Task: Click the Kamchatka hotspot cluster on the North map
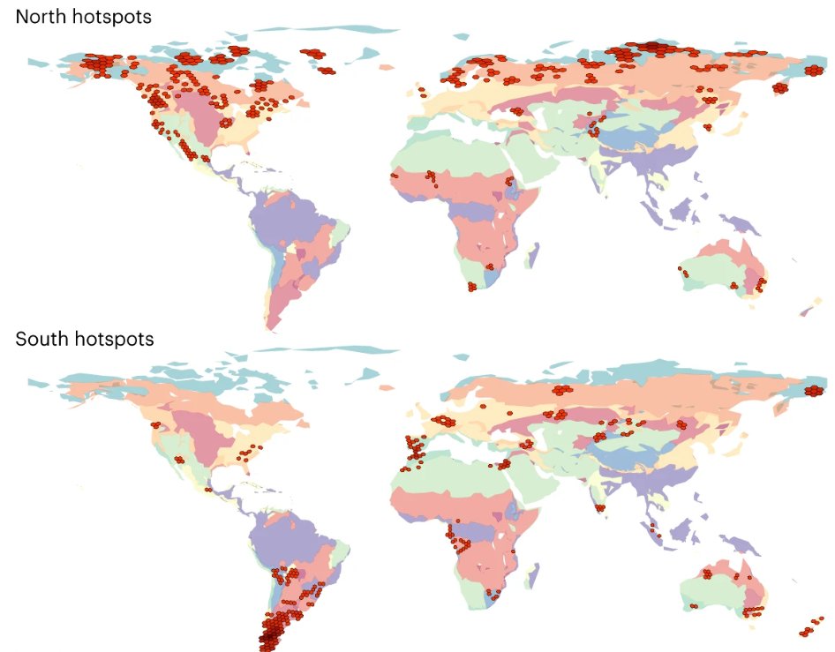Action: pyautogui.click(x=781, y=87)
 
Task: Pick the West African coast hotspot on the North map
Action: pyautogui.click(x=395, y=176)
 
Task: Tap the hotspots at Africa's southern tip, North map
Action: pyautogui.click(x=472, y=287)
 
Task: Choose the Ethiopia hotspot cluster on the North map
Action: pyautogui.click(x=510, y=184)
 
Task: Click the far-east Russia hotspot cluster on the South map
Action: pyautogui.click(x=815, y=391)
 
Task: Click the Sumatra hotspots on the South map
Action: pyautogui.click(x=652, y=529)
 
